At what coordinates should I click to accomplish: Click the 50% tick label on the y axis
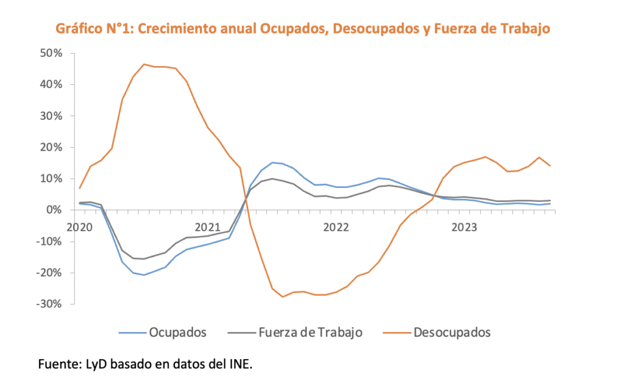51,53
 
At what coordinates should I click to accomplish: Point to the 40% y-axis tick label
51,84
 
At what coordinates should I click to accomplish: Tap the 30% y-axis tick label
51,116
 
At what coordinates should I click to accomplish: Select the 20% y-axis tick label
51,147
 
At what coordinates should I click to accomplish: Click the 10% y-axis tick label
51,179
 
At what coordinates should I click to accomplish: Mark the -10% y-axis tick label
49,241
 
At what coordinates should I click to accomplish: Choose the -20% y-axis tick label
49,273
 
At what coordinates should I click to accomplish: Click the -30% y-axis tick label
49,304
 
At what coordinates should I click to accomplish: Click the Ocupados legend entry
177,333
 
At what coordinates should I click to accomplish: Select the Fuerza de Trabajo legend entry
310,333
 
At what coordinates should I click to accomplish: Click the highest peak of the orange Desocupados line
144,64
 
